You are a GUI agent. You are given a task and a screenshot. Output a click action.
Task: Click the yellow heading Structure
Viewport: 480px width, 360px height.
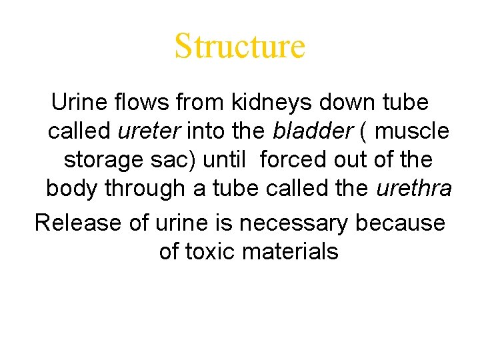point(239,46)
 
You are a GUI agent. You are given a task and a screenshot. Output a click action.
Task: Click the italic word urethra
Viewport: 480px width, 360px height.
point(414,189)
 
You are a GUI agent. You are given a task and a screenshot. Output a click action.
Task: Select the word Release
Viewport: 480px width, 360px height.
point(78,222)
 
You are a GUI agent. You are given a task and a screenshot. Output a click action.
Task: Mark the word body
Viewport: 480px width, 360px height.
point(69,189)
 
